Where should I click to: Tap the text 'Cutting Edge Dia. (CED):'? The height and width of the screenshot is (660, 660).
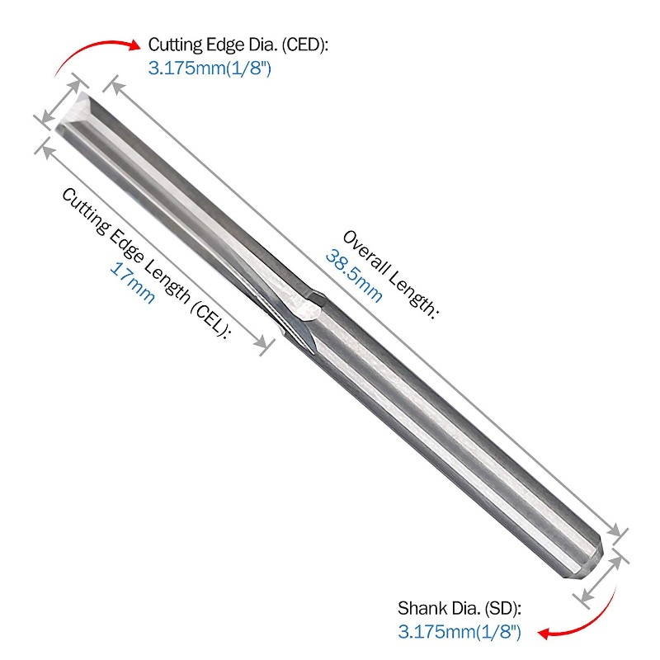pyautogui.click(x=238, y=45)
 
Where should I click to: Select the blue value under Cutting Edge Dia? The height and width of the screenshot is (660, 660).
pyautogui.click(x=210, y=68)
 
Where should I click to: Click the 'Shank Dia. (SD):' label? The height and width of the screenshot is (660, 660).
pyautogui.click(x=460, y=609)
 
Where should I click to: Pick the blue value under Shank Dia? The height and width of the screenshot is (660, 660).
pyautogui.click(x=460, y=632)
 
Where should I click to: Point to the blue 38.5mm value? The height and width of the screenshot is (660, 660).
pyautogui.click(x=355, y=276)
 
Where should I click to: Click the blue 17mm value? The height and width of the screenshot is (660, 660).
pyautogui.click(x=133, y=283)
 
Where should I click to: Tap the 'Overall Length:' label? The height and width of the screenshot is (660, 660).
pyautogui.click(x=390, y=275)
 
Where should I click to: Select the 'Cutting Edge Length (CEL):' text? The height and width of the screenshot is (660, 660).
pyautogui.click(x=146, y=263)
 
